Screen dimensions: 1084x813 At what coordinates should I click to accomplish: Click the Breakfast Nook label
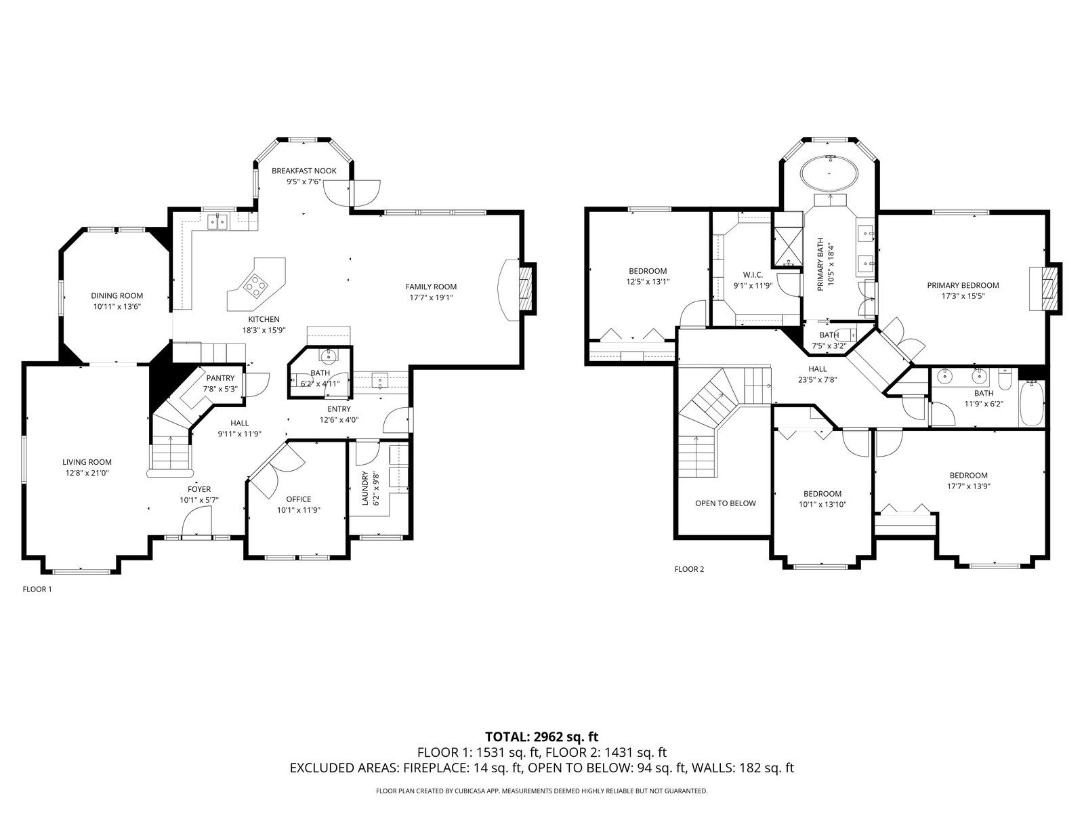click(x=304, y=171)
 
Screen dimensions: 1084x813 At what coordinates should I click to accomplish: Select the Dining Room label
click(x=117, y=295)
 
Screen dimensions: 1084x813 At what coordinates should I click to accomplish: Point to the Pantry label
click(x=220, y=378)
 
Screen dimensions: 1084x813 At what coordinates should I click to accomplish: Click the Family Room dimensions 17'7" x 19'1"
click(x=431, y=297)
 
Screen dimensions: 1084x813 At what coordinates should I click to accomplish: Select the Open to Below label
click(x=726, y=503)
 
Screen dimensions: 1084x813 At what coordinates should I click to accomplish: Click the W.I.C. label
click(x=753, y=274)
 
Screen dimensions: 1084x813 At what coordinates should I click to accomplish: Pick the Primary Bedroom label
click(x=963, y=285)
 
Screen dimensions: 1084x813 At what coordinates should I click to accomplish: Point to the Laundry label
click(x=365, y=488)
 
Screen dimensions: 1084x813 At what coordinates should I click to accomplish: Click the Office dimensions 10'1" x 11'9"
click(x=299, y=510)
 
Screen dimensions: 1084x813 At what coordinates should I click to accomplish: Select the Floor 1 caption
click(x=37, y=589)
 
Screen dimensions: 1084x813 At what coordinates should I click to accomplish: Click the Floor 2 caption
click(x=690, y=569)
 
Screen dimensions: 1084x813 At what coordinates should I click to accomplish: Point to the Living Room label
click(x=87, y=462)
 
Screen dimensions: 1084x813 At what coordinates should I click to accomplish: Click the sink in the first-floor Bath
click(x=328, y=355)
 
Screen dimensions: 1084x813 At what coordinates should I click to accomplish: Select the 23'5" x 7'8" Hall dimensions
click(x=817, y=379)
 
